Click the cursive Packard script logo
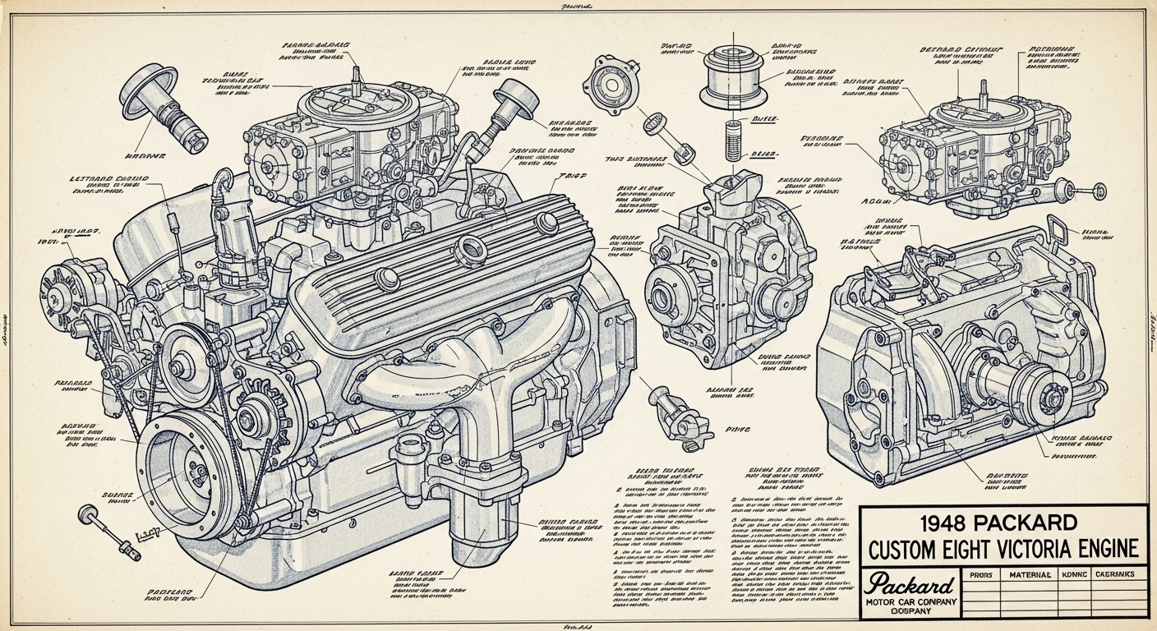(910, 586)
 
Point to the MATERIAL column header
(1029, 575)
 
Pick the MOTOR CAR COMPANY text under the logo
(910, 604)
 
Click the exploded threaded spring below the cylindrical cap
(735, 140)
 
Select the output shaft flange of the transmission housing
(1049, 398)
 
